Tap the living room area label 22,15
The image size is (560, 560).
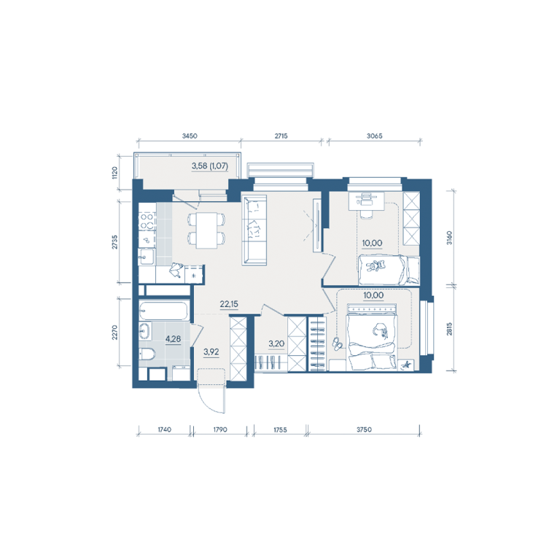(229, 304)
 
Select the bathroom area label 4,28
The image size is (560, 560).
(173, 339)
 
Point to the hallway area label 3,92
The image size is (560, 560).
(211, 352)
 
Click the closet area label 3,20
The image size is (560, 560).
(276, 344)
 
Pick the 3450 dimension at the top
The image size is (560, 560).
(190, 136)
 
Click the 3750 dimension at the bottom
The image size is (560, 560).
(364, 429)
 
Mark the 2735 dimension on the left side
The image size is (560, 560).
(114, 242)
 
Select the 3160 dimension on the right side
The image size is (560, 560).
(449, 238)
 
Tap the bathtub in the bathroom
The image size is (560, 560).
(163, 311)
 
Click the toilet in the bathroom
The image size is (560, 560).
(147, 354)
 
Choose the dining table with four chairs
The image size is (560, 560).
(207, 230)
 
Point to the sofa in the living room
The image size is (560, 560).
(254, 230)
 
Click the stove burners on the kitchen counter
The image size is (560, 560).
(147, 222)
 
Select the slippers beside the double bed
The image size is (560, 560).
(338, 343)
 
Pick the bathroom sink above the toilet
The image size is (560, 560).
(145, 331)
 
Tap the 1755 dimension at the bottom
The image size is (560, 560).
(280, 429)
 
